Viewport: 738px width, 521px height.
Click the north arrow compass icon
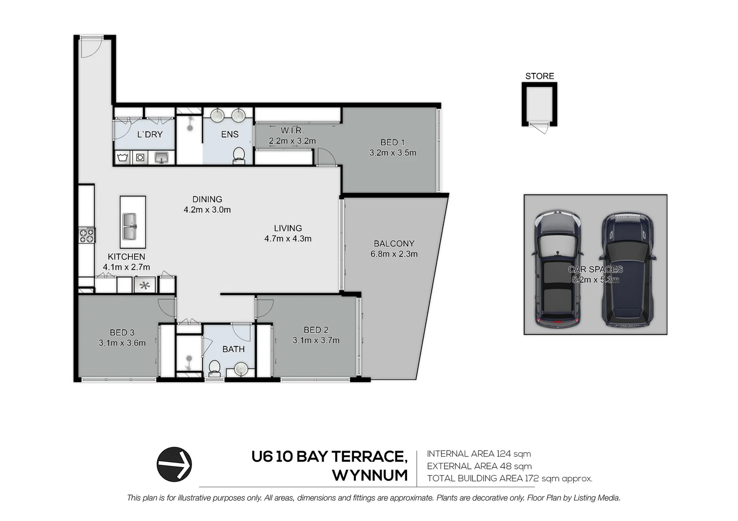pyautogui.click(x=174, y=465)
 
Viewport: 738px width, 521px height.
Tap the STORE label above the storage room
pyautogui.click(x=539, y=76)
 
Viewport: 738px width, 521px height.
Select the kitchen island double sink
pyautogui.click(x=129, y=226)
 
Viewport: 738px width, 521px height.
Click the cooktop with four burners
pyautogui.click(x=87, y=235)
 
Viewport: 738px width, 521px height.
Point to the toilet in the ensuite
pyautogui.click(x=239, y=155)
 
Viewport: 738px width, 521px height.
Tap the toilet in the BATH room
pyautogui.click(x=214, y=369)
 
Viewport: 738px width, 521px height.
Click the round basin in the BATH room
pyautogui.click(x=241, y=370)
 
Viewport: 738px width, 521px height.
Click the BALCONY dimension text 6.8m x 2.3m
pyautogui.click(x=394, y=254)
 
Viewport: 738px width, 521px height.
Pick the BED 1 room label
pyautogui.click(x=392, y=142)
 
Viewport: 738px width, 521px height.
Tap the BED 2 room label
pyautogui.click(x=316, y=330)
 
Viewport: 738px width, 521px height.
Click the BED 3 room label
pyautogui.click(x=122, y=332)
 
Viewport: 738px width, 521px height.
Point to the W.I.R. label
pyautogui.click(x=292, y=131)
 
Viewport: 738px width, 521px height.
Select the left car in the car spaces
pyautogui.click(x=557, y=270)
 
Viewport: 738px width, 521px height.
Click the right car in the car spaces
pyautogui.click(x=627, y=270)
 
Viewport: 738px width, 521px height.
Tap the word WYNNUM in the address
pyautogui.click(x=369, y=476)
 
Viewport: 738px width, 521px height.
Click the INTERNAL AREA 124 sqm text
pyautogui.click(x=479, y=454)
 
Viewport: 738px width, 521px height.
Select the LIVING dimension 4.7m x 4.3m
pyautogui.click(x=288, y=239)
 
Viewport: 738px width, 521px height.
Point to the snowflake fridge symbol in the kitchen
pyautogui.click(x=144, y=285)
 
